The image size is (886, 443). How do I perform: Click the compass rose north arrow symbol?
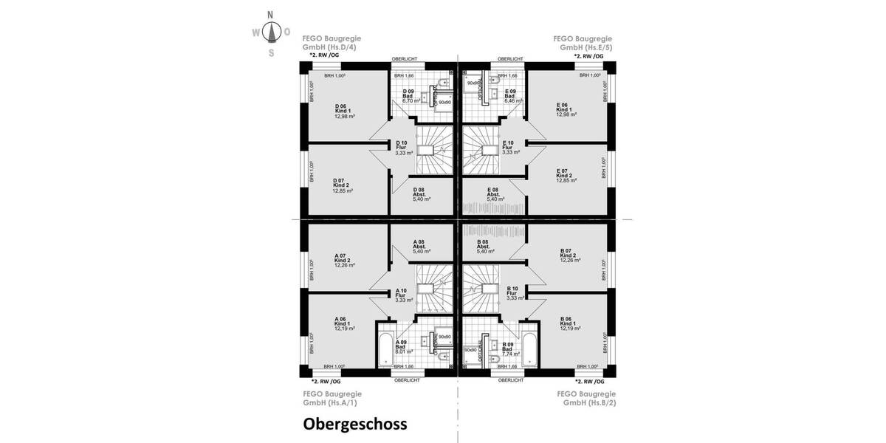click(271, 32)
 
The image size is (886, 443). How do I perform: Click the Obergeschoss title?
click(354, 425)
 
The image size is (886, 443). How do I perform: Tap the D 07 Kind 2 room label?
click(343, 185)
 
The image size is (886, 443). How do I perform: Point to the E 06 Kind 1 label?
click(566, 110)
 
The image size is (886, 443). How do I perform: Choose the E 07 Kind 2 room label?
click(566, 175)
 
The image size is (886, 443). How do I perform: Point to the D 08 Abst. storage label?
click(422, 194)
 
